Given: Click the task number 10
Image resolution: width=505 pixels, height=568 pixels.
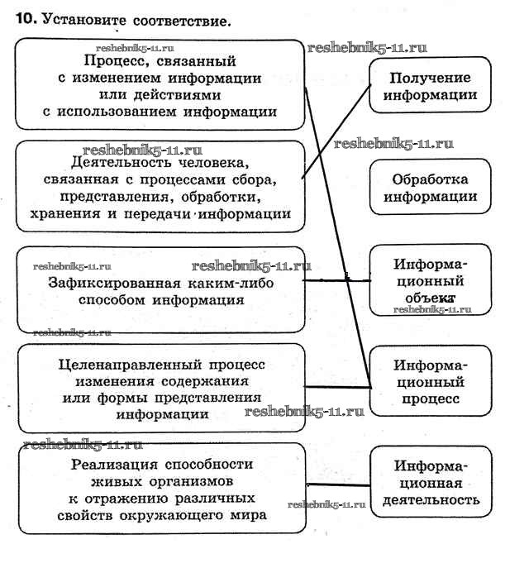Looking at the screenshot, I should point(26,18).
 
